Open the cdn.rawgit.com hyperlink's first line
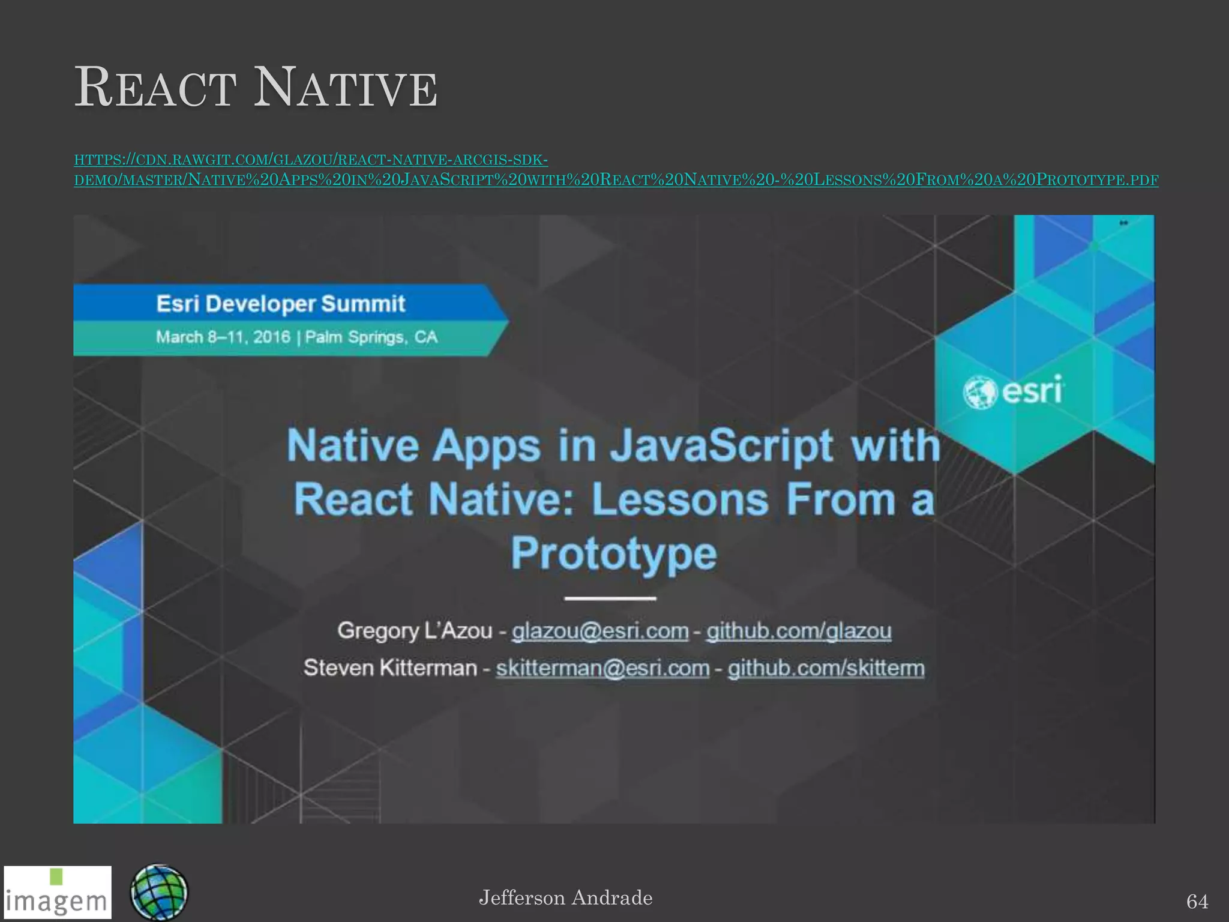(x=310, y=160)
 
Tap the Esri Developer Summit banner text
(x=280, y=304)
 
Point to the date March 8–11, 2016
(x=223, y=337)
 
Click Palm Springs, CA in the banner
(x=371, y=337)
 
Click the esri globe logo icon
(x=979, y=393)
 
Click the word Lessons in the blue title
(x=680, y=499)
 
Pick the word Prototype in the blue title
(x=613, y=553)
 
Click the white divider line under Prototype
(x=610, y=598)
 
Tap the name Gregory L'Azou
(x=414, y=631)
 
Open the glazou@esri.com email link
(x=599, y=631)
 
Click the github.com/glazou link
(x=798, y=631)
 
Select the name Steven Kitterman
(x=390, y=668)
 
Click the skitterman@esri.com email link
(x=602, y=668)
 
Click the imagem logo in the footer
(x=58, y=893)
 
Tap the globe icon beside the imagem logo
(x=158, y=892)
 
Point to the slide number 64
(x=1197, y=901)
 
